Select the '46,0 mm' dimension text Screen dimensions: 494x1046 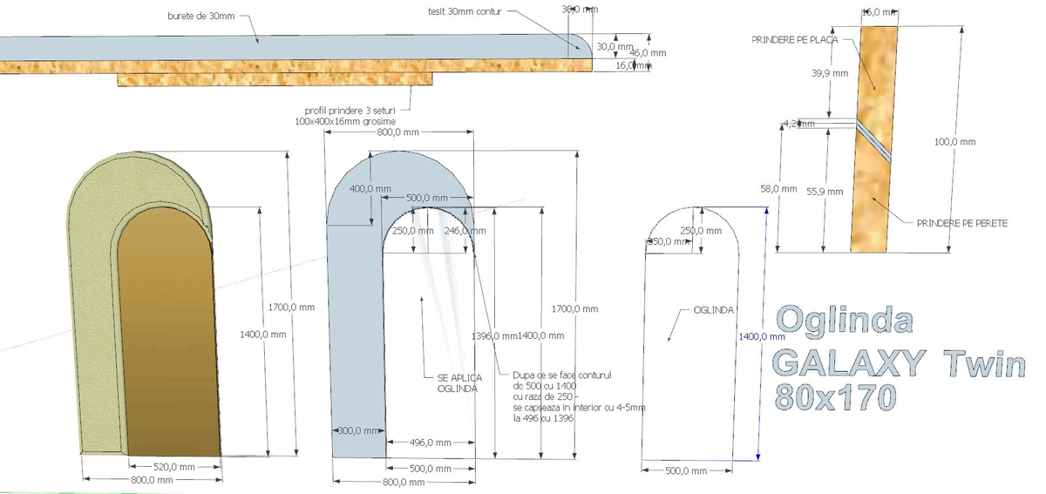tap(648, 52)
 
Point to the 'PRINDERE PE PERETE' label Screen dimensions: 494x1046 tap(961, 223)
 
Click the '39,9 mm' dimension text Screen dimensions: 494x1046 tap(829, 73)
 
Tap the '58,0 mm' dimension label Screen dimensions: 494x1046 tap(778, 187)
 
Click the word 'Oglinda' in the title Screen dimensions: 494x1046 tap(843, 321)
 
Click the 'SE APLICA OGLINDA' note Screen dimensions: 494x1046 tap(457, 383)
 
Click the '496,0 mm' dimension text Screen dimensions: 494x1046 tap(431, 443)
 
